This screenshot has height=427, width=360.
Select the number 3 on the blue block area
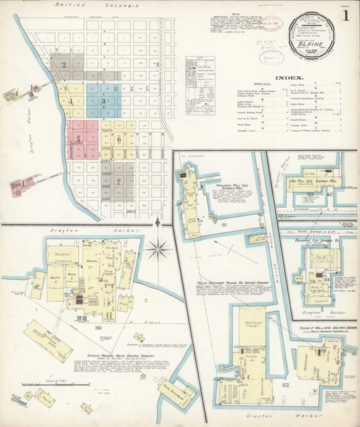tap(104, 101)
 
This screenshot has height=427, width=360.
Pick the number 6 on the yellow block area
tap(119, 139)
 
